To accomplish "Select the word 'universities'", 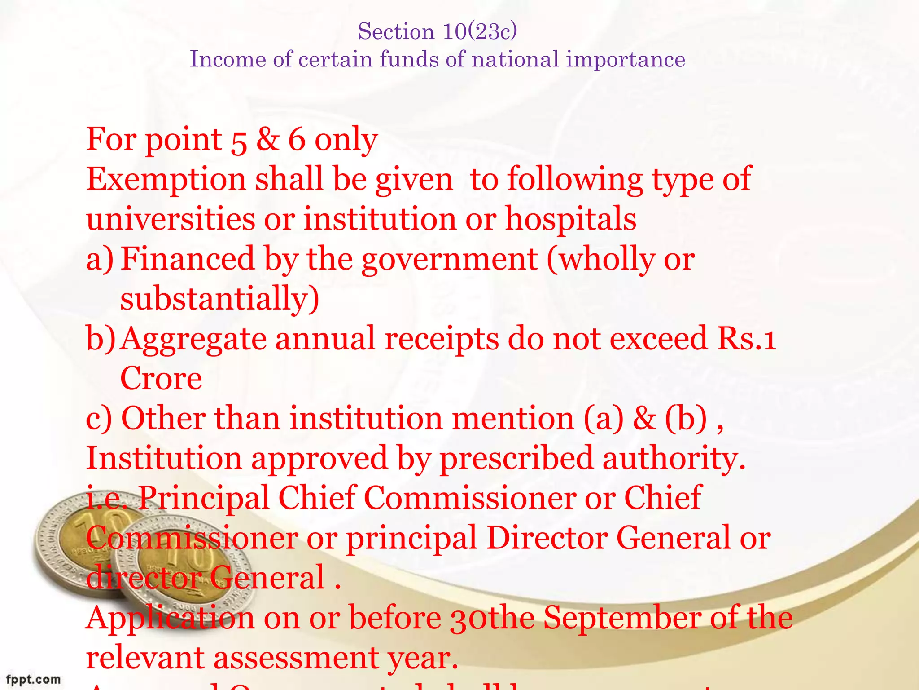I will click(171, 219).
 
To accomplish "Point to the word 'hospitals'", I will click(571, 219).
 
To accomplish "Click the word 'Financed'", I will click(188, 259).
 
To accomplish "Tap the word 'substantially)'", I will click(220, 299).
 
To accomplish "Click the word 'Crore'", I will click(161, 379).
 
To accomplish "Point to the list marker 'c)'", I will click(99, 419).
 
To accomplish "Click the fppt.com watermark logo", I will click(33, 679).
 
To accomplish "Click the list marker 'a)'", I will click(100, 260).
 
